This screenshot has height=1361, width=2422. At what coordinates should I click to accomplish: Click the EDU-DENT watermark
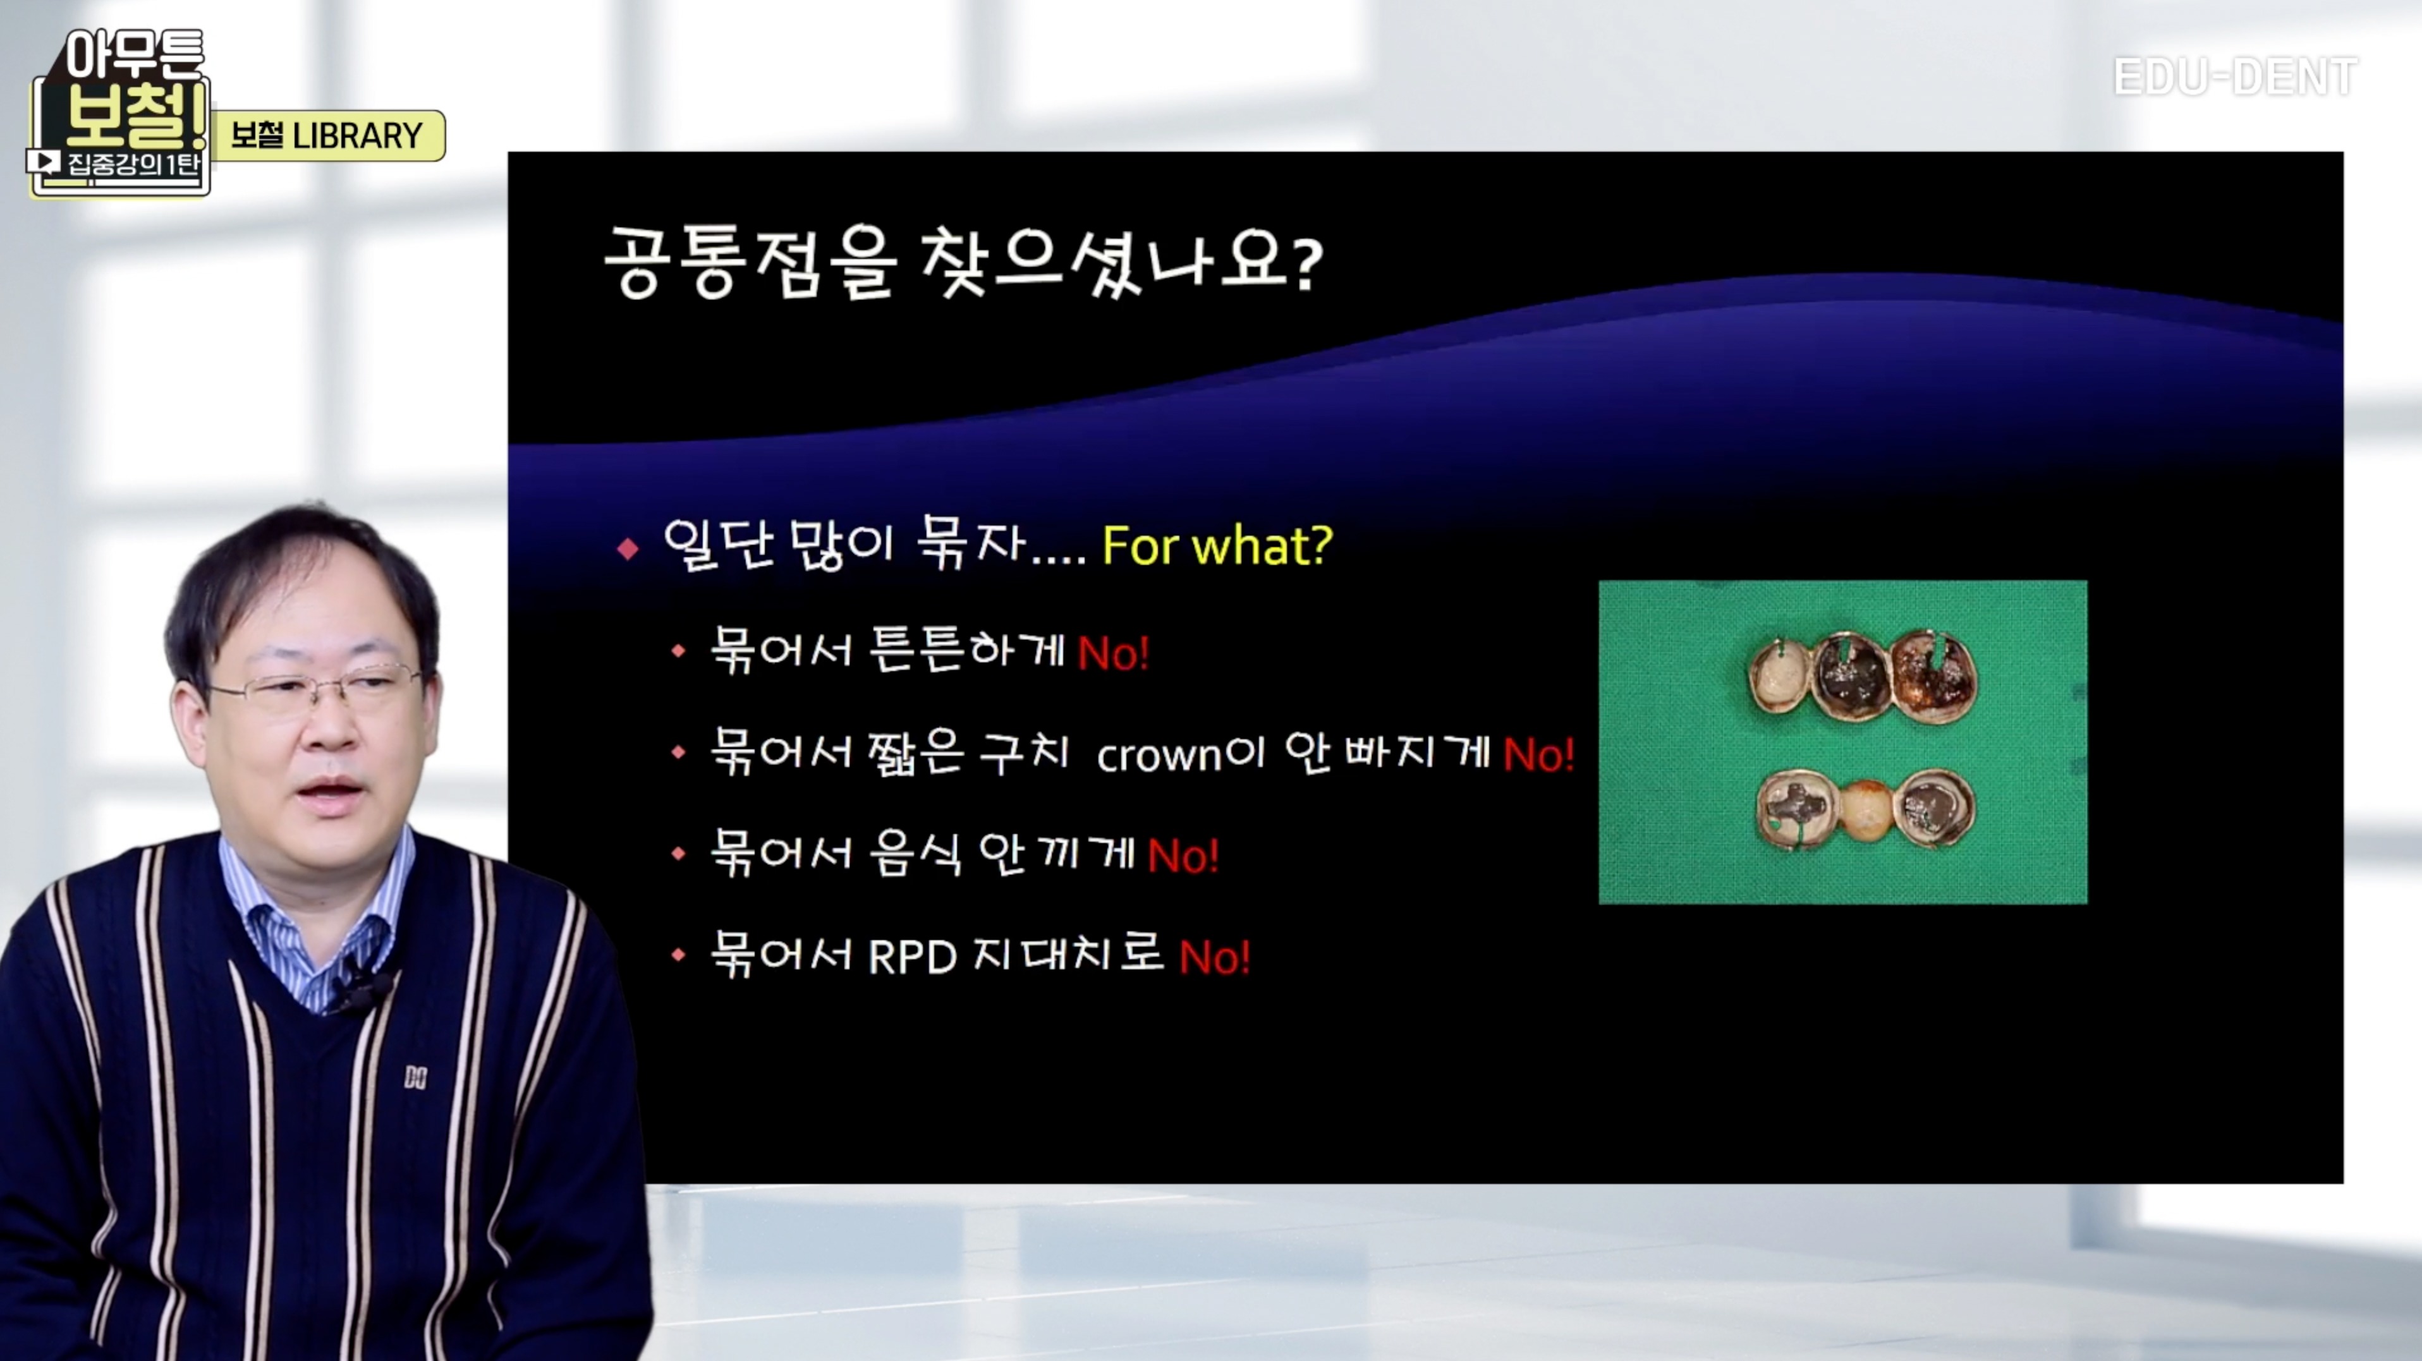pos(2235,76)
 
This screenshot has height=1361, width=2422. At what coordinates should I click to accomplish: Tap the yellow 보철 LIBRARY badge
pos(328,135)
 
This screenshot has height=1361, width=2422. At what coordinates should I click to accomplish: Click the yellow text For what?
pos(1217,545)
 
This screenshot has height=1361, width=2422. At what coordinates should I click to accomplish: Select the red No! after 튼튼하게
pos(1113,652)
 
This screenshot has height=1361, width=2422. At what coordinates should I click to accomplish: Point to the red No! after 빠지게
pos(1538,754)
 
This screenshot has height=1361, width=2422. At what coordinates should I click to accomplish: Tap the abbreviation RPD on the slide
pos(912,957)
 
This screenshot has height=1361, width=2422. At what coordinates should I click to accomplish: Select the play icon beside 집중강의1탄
pos(43,162)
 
